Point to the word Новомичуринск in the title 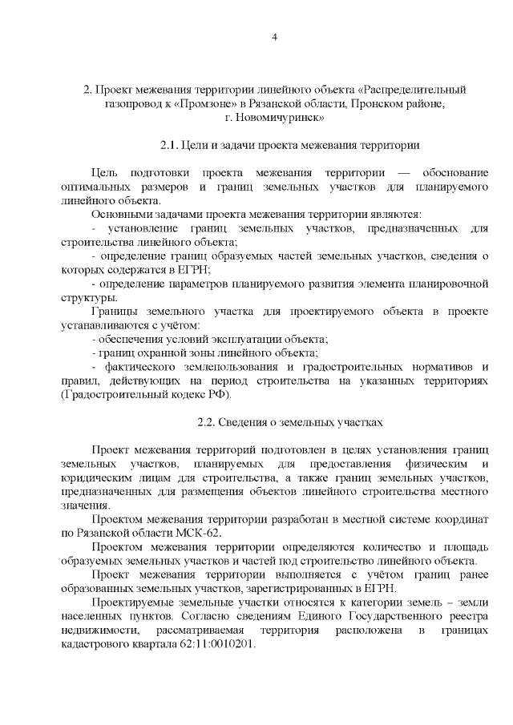coord(281,118)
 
